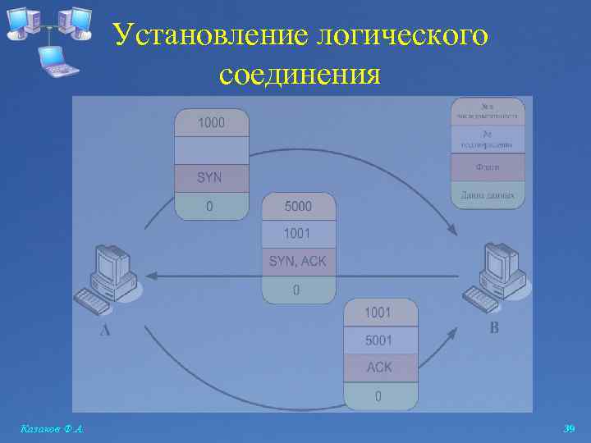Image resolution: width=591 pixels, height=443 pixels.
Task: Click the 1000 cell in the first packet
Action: (x=211, y=123)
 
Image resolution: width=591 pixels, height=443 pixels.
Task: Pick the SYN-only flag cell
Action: (x=210, y=177)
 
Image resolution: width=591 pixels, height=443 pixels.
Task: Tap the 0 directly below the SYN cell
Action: (x=210, y=206)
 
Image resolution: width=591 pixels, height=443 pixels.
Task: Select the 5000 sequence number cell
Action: (x=298, y=207)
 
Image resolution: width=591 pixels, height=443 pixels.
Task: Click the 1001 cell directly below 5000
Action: (x=298, y=234)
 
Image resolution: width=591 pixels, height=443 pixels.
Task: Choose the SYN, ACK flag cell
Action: (x=298, y=262)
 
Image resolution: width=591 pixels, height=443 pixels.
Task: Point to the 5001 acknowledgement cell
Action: (x=379, y=340)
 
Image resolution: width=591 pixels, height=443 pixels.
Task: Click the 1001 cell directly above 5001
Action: (x=379, y=313)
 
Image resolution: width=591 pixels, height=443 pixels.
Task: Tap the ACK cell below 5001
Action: (x=379, y=368)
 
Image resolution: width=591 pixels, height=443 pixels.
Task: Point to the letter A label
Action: (x=104, y=331)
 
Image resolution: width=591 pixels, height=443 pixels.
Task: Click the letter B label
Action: (x=493, y=329)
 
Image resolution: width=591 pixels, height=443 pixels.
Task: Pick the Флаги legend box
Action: (x=488, y=167)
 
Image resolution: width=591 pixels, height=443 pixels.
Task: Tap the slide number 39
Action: (x=570, y=428)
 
